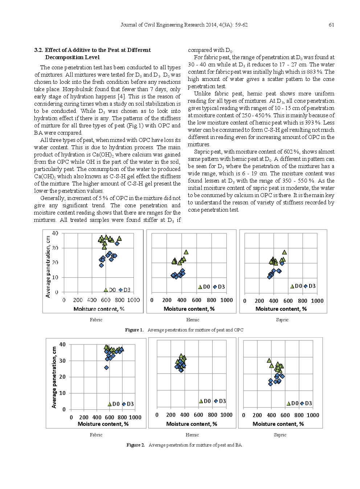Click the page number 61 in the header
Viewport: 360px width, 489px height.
coord(331,25)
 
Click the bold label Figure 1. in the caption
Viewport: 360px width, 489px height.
coord(134,330)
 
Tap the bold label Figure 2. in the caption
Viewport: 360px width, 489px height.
coord(135,445)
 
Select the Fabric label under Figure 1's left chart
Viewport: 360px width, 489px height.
coord(96,320)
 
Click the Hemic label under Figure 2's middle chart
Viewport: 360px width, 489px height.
coord(192,435)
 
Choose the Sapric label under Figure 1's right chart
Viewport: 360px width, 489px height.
coord(282,320)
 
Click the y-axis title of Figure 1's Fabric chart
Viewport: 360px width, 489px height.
coord(48,267)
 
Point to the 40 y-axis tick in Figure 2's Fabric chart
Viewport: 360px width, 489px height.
coord(62,345)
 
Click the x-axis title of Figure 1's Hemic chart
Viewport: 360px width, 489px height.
coord(189,309)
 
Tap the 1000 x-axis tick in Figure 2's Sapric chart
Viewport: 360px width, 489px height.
coord(313,415)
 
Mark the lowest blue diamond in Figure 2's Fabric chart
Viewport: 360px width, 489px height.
coord(106,368)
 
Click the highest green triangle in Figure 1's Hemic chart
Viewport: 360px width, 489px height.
coord(186,252)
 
